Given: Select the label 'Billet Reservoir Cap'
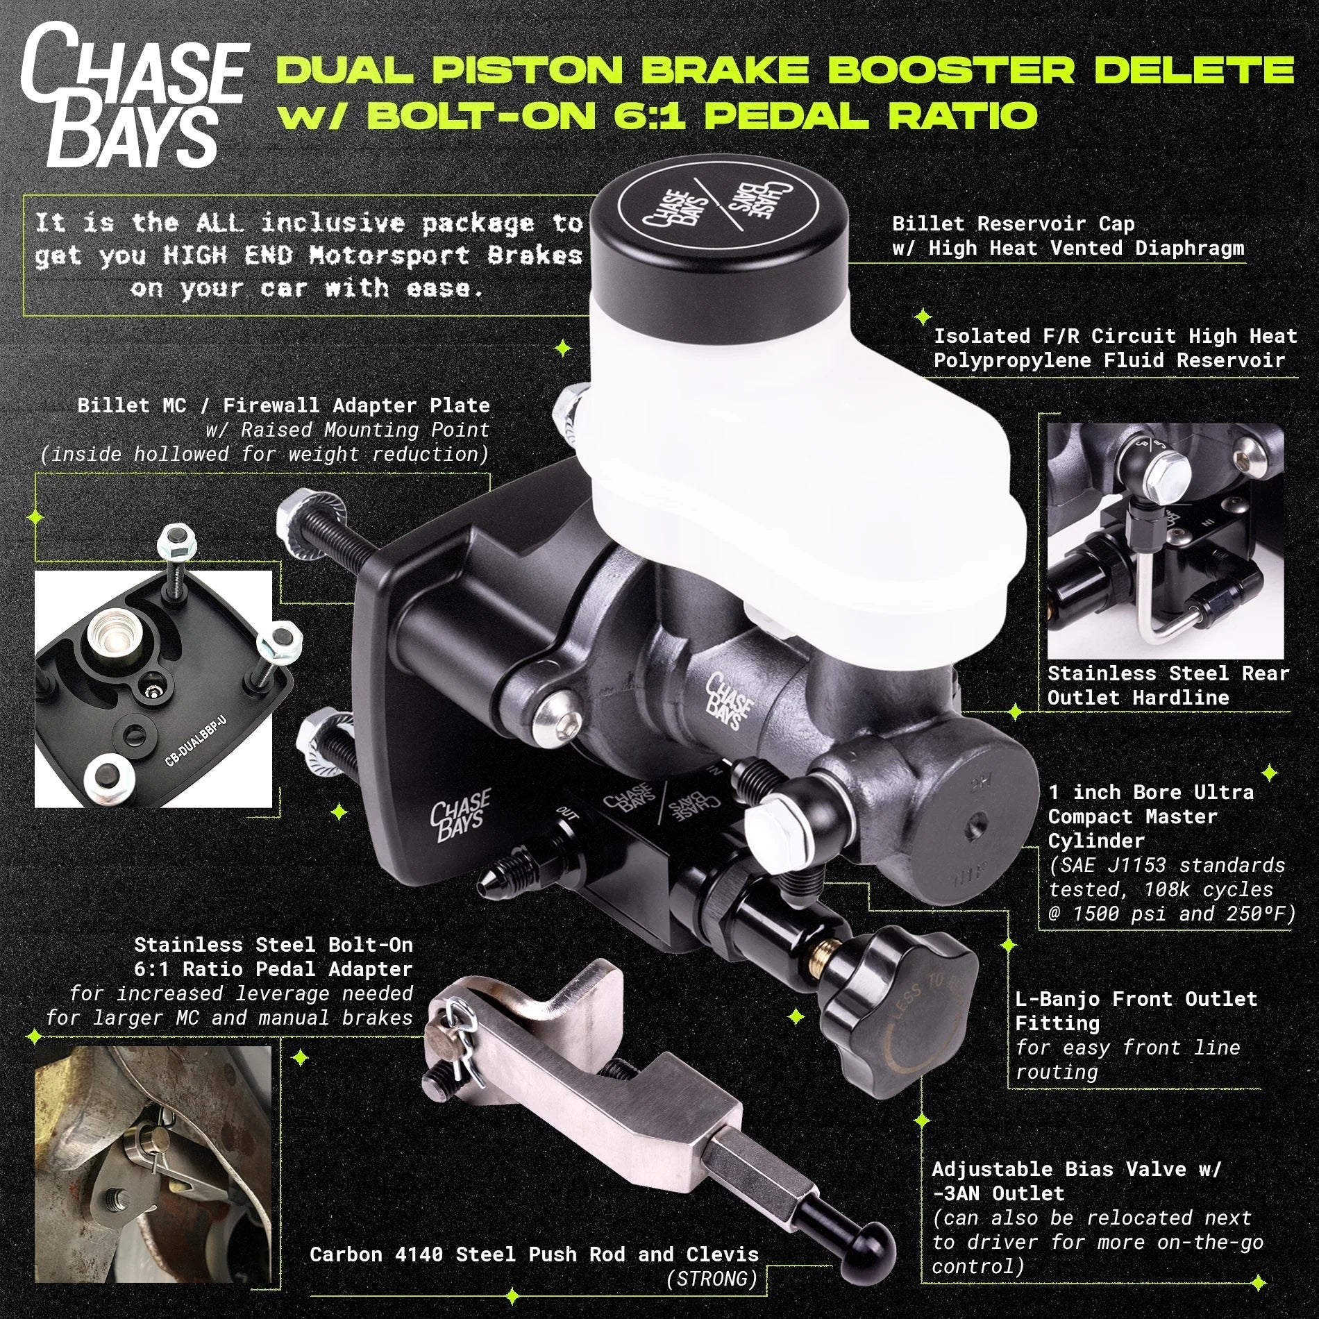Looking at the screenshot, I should [x=1013, y=224].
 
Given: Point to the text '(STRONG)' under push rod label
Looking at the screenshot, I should [x=712, y=1279].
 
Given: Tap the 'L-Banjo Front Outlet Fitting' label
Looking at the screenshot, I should [x=1136, y=1011].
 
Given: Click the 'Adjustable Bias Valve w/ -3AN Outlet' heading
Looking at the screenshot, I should [x=1075, y=1182].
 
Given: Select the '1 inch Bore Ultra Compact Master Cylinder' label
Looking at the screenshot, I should [x=1151, y=816].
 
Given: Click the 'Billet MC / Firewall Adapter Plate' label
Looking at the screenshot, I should [x=283, y=405].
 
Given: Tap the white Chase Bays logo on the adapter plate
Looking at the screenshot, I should [x=460, y=814].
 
